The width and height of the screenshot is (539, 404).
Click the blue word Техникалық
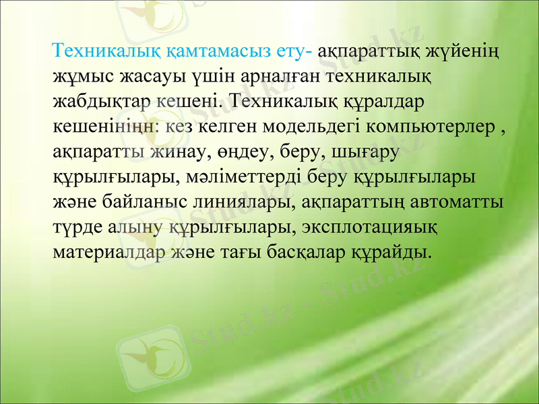coord(100,51)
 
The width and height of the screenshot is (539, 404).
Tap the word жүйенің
coord(473,51)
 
